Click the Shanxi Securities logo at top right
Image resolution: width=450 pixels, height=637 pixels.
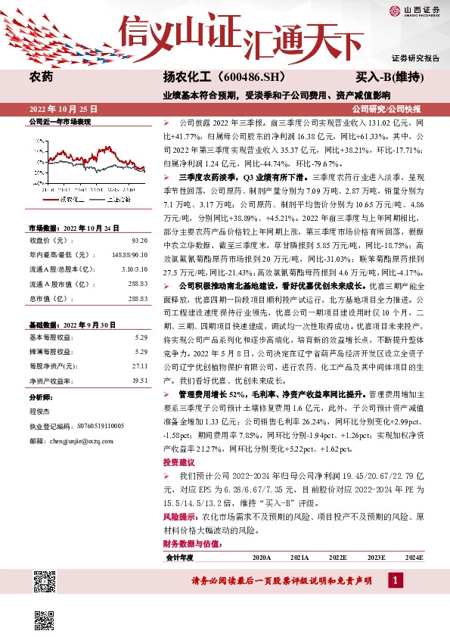click(414, 10)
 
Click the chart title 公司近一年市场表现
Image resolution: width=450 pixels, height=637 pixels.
click(60, 121)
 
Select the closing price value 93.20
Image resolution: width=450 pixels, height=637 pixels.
click(139, 240)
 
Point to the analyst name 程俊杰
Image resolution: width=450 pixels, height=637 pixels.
click(39, 412)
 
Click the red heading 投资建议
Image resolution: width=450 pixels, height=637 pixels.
click(178, 462)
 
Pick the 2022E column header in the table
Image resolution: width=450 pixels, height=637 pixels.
click(338, 557)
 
